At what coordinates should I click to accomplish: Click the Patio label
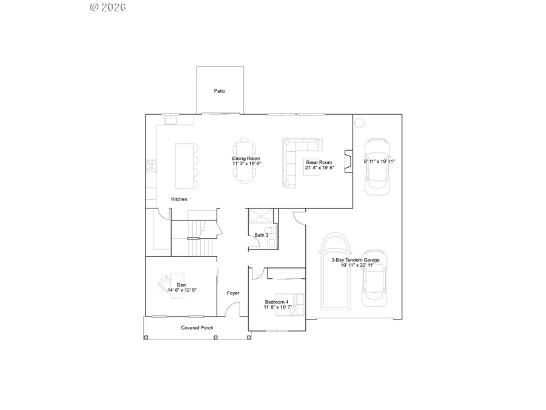(x=220, y=91)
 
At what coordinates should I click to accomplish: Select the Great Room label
(x=318, y=162)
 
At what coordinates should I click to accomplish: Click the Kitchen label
(x=179, y=199)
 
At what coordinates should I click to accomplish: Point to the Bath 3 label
(x=261, y=234)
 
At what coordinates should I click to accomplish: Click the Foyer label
(x=233, y=293)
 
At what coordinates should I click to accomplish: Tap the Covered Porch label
(x=197, y=328)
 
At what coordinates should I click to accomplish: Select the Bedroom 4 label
(x=277, y=302)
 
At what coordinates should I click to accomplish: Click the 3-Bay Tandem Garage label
(x=356, y=260)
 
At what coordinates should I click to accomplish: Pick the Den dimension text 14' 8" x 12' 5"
(x=182, y=290)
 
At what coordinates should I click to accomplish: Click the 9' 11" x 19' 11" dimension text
(x=379, y=162)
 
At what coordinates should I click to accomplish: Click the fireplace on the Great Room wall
(x=348, y=162)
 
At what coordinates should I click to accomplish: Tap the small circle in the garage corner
(x=359, y=123)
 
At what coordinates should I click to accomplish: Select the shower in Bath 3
(x=260, y=217)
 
